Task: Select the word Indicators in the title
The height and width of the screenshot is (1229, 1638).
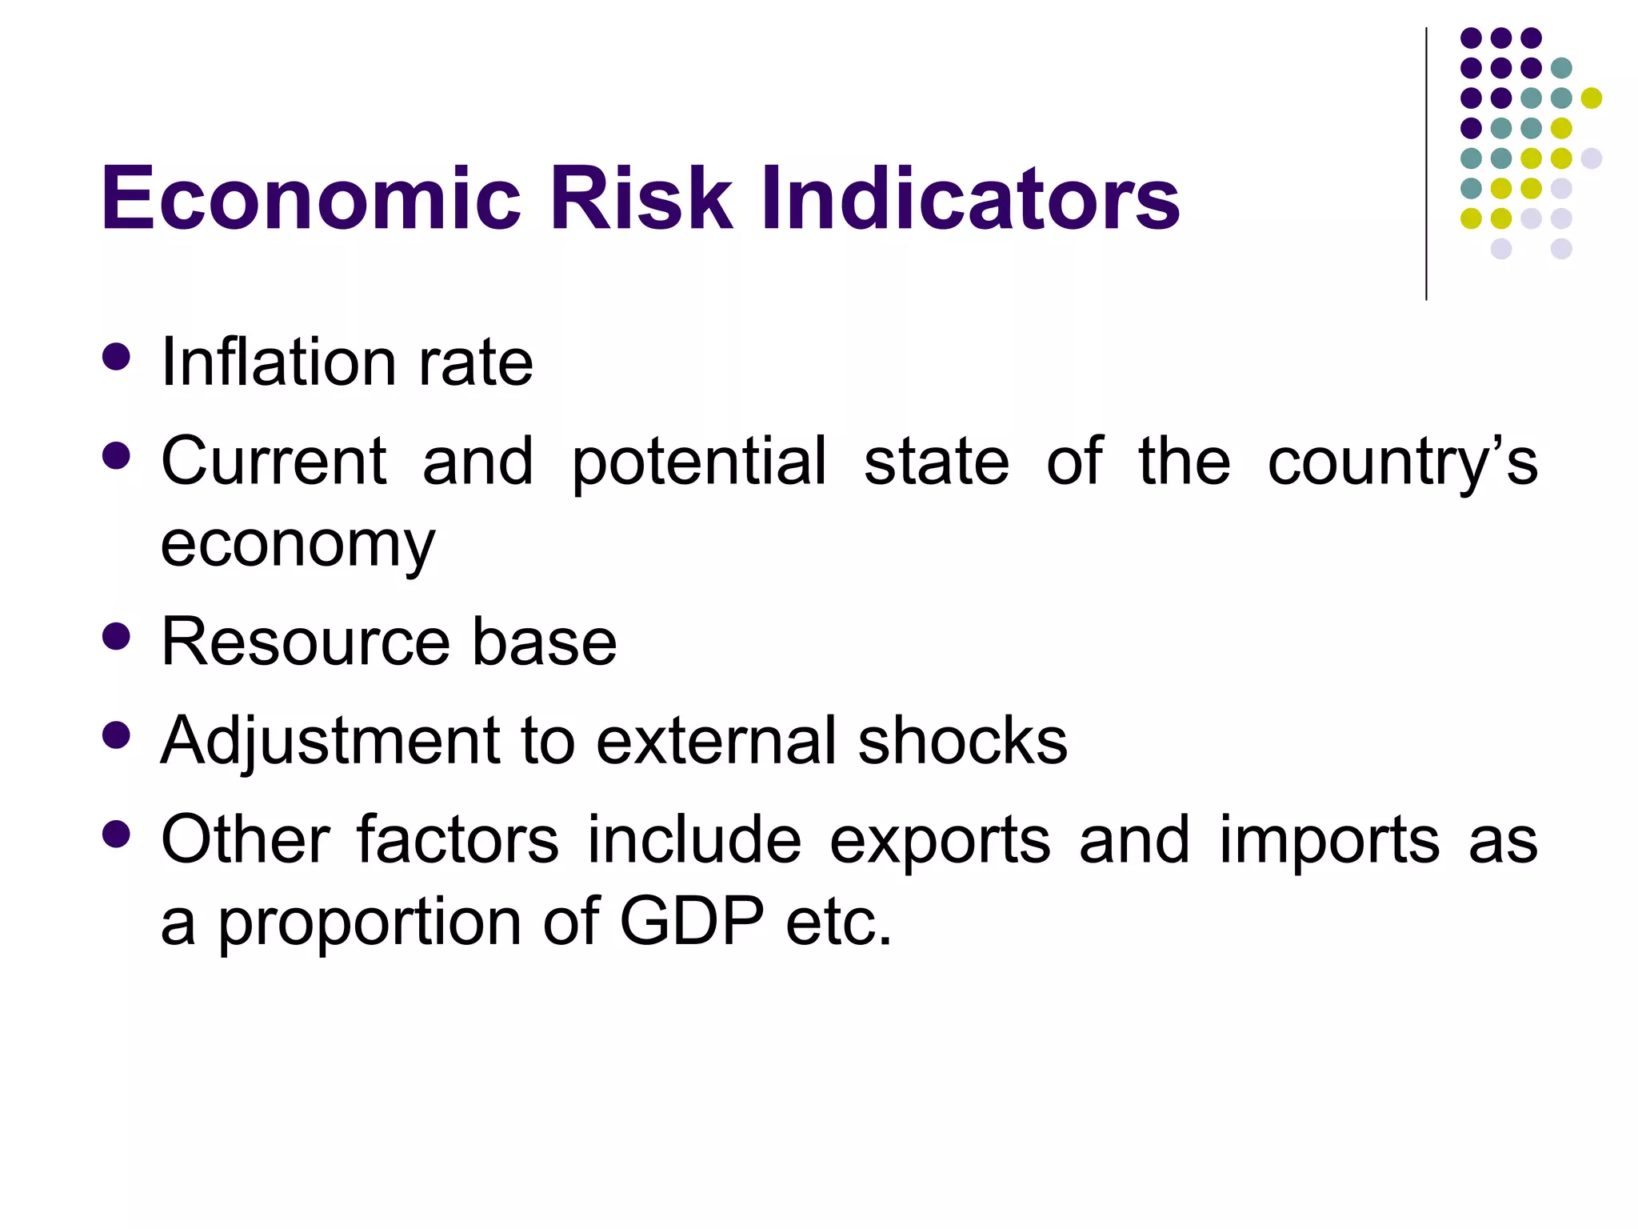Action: click(x=969, y=198)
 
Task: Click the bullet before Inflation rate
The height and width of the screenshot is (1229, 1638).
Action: click(x=117, y=357)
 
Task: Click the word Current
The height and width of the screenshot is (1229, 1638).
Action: click(x=274, y=462)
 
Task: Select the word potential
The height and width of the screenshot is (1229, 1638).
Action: click(x=698, y=462)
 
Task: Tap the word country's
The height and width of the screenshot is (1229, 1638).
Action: click(x=1402, y=463)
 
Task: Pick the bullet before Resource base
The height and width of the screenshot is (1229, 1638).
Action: click(x=117, y=637)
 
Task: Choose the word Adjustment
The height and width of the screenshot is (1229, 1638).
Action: click(x=330, y=741)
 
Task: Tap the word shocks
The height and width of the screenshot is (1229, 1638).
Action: click(x=962, y=741)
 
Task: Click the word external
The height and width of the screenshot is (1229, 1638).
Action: click(x=717, y=741)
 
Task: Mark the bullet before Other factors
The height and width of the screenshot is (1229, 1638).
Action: click(x=117, y=835)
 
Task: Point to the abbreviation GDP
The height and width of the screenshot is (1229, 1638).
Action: click(x=692, y=922)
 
